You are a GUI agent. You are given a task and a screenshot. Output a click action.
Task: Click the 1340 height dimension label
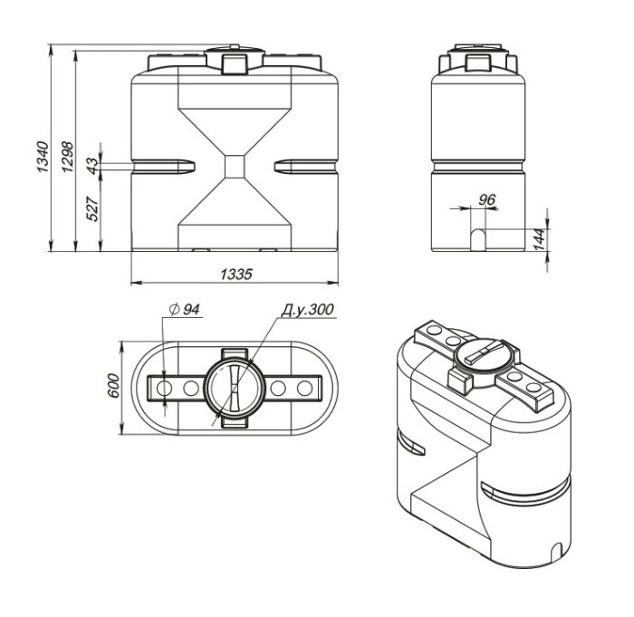click(x=43, y=157)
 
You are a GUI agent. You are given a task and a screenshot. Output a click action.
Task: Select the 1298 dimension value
click(x=68, y=157)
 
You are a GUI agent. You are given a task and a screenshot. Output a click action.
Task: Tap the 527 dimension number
click(x=92, y=208)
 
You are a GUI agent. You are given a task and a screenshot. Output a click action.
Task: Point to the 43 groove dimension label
click(x=92, y=166)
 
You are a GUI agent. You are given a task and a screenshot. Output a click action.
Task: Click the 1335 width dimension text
click(x=236, y=275)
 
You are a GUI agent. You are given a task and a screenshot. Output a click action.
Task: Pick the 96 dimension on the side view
click(x=487, y=199)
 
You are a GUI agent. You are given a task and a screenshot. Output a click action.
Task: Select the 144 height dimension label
click(x=540, y=239)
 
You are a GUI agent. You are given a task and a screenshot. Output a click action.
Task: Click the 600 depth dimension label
click(x=114, y=386)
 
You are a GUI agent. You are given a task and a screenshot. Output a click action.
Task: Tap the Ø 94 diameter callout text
click(x=184, y=310)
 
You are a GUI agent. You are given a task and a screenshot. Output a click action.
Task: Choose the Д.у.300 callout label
click(x=307, y=310)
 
